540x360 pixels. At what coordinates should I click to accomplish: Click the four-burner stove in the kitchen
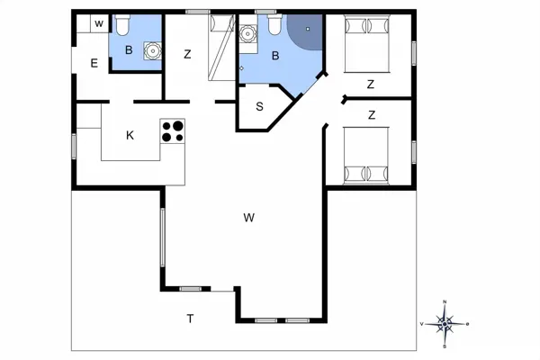(x=173, y=131)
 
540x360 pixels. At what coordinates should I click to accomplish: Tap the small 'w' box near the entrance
(x=100, y=23)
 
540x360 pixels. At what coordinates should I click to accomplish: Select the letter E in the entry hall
(x=94, y=63)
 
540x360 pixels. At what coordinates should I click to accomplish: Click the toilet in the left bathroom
(x=121, y=25)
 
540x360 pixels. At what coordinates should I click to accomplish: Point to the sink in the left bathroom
(x=152, y=51)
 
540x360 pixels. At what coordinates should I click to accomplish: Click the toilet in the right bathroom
(x=274, y=24)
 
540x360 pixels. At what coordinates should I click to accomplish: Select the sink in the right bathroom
(x=247, y=34)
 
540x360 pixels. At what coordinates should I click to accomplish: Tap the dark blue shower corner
(x=307, y=31)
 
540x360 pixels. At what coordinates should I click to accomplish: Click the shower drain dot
(x=308, y=29)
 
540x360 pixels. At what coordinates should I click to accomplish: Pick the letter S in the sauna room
(x=260, y=107)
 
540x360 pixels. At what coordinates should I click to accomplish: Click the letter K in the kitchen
(x=130, y=135)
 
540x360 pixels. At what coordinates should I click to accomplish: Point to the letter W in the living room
(x=249, y=218)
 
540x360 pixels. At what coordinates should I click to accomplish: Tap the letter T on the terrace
(x=190, y=319)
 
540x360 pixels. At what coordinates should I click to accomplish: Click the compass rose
(x=445, y=324)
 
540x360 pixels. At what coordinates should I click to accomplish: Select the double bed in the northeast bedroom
(x=367, y=44)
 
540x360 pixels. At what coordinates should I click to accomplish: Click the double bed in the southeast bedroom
(x=366, y=156)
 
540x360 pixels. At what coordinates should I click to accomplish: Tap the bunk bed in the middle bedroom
(x=221, y=48)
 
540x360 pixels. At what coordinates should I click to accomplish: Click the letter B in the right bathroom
(x=275, y=56)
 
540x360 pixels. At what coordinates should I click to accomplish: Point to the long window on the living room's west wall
(x=163, y=237)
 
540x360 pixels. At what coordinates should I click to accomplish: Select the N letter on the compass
(x=445, y=302)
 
